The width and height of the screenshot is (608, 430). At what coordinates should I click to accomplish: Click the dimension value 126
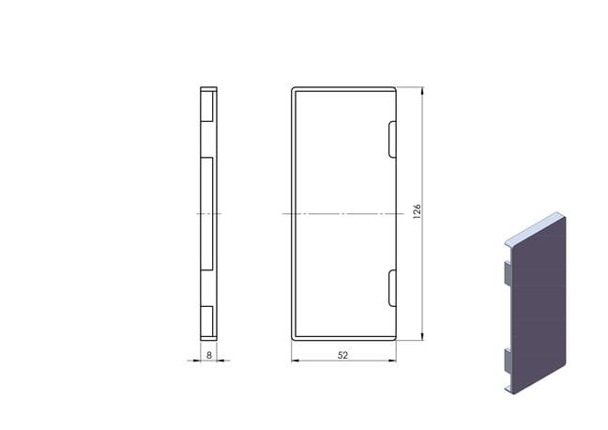coord(417,211)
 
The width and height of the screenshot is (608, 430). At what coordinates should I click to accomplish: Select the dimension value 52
coord(342,355)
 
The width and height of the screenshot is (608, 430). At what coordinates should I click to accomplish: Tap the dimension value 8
coord(209,355)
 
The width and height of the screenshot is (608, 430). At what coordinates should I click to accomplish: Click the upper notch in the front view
coord(392,139)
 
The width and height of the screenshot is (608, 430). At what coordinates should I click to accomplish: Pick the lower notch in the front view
coord(392,288)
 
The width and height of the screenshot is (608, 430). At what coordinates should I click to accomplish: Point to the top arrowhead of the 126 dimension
coord(422,91)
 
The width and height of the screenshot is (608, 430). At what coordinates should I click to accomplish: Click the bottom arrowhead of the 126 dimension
coord(422,336)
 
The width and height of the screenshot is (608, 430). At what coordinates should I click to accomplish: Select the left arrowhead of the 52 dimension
coord(296,361)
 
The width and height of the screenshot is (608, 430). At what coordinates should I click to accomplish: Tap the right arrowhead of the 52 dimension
coord(392,361)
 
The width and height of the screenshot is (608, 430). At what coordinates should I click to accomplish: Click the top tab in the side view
coord(207,106)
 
